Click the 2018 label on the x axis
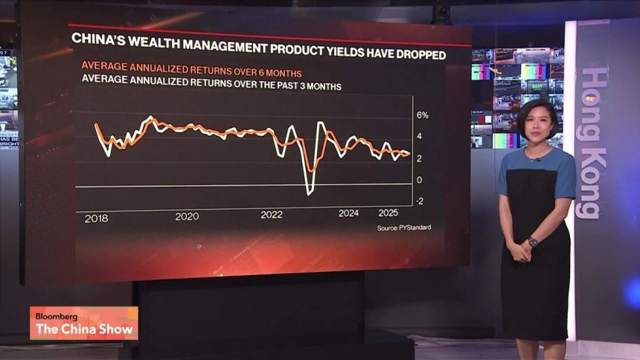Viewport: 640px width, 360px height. (x=97, y=218)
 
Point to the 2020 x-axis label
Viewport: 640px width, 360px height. (x=187, y=216)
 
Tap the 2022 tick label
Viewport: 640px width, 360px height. (x=272, y=215)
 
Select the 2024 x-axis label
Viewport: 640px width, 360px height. (x=348, y=213)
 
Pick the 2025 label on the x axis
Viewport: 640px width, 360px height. (x=387, y=213)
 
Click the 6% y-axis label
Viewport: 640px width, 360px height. (x=422, y=115)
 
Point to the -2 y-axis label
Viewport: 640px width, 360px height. (x=420, y=202)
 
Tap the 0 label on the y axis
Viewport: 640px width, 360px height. (x=419, y=180)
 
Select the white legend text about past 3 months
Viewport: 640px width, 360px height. (x=211, y=86)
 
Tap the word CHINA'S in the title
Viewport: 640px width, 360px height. (x=97, y=39)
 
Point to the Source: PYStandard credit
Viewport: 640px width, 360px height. (x=403, y=228)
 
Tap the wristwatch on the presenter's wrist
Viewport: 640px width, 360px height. (x=533, y=242)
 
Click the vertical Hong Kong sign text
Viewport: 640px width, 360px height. (x=593, y=141)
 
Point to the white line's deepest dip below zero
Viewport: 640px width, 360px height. (x=310, y=193)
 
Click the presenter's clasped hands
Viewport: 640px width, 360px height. (x=519, y=251)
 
